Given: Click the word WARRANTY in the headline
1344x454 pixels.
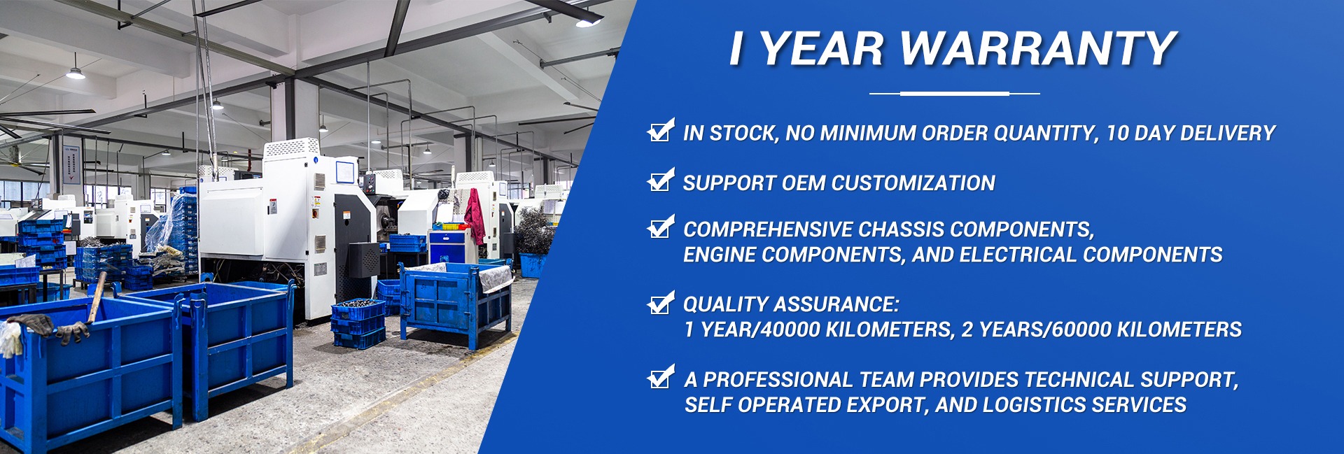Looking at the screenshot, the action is click(x=1037, y=48).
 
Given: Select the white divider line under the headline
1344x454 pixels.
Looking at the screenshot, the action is click(x=954, y=93).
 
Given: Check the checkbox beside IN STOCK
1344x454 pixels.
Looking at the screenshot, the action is click(x=660, y=131).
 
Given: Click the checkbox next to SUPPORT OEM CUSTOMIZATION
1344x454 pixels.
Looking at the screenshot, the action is click(x=660, y=180).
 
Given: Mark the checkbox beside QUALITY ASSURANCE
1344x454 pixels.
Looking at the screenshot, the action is click(x=660, y=303).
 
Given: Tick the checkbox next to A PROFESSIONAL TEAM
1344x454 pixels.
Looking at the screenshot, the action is click(x=660, y=377).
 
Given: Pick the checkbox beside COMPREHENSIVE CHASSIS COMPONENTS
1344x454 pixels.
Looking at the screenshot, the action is click(x=660, y=227).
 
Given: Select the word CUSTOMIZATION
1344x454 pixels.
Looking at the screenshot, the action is click(x=913, y=183).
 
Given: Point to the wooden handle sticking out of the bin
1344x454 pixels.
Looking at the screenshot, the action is click(x=97, y=297).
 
